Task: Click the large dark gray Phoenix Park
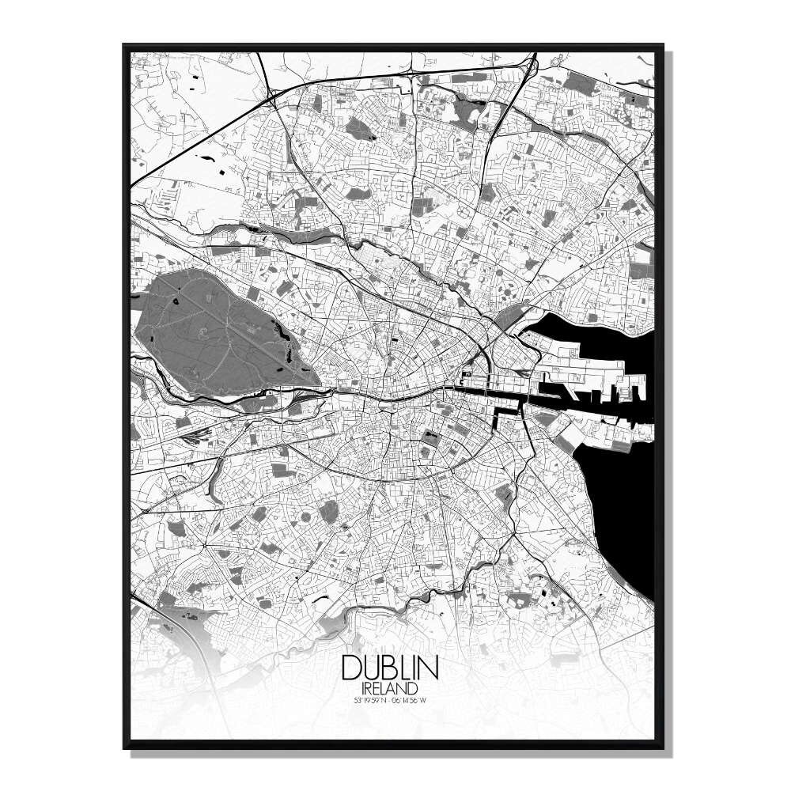coord(214,324)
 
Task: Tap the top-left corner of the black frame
coord(124,46)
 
